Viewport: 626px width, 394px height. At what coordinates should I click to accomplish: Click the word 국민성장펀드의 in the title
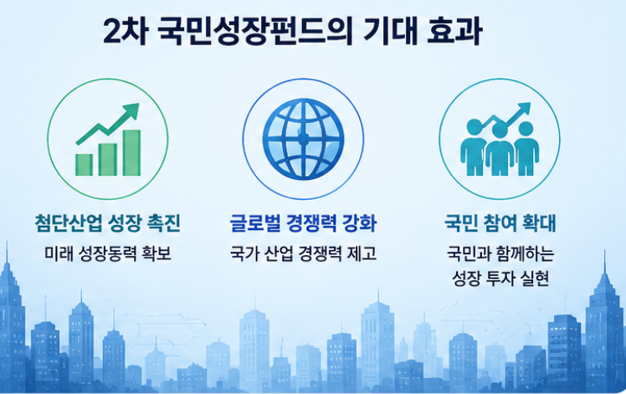tap(255, 31)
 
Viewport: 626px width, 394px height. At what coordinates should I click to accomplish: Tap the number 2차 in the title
tap(126, 31)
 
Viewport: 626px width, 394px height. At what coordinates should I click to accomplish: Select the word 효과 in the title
tap(454, 31)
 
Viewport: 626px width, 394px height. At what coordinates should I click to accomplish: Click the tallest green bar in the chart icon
tap(131, 152)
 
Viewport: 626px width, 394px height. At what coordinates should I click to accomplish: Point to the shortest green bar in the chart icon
tap(84, 165)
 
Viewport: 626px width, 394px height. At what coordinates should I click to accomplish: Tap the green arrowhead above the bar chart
tap(131, 110)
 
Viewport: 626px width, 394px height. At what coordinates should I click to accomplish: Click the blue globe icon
tap(303, 139)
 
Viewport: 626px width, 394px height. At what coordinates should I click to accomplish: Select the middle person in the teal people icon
tap(500, 151)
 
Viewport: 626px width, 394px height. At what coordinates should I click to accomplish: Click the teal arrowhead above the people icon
tap(524, 109)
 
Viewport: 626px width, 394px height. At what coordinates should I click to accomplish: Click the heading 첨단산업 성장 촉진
tap(107, 223)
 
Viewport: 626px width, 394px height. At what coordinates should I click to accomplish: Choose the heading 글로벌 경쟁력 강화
tap(303, 223)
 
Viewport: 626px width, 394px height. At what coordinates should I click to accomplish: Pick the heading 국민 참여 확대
tap(500, 223)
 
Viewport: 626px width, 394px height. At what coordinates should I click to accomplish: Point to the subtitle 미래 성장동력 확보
tap(108, 254)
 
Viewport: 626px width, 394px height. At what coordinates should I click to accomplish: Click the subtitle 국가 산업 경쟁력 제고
tap(303, 254)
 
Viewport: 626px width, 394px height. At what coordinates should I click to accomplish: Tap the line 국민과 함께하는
tap(500, 254)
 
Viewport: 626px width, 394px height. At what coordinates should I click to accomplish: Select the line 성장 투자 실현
tap(500, 279)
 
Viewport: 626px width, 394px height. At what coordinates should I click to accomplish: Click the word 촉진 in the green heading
tap(164, 223)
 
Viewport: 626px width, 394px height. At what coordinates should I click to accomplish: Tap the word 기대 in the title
tap(389, 31)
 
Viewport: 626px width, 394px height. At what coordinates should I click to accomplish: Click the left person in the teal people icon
tap(474, 148)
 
